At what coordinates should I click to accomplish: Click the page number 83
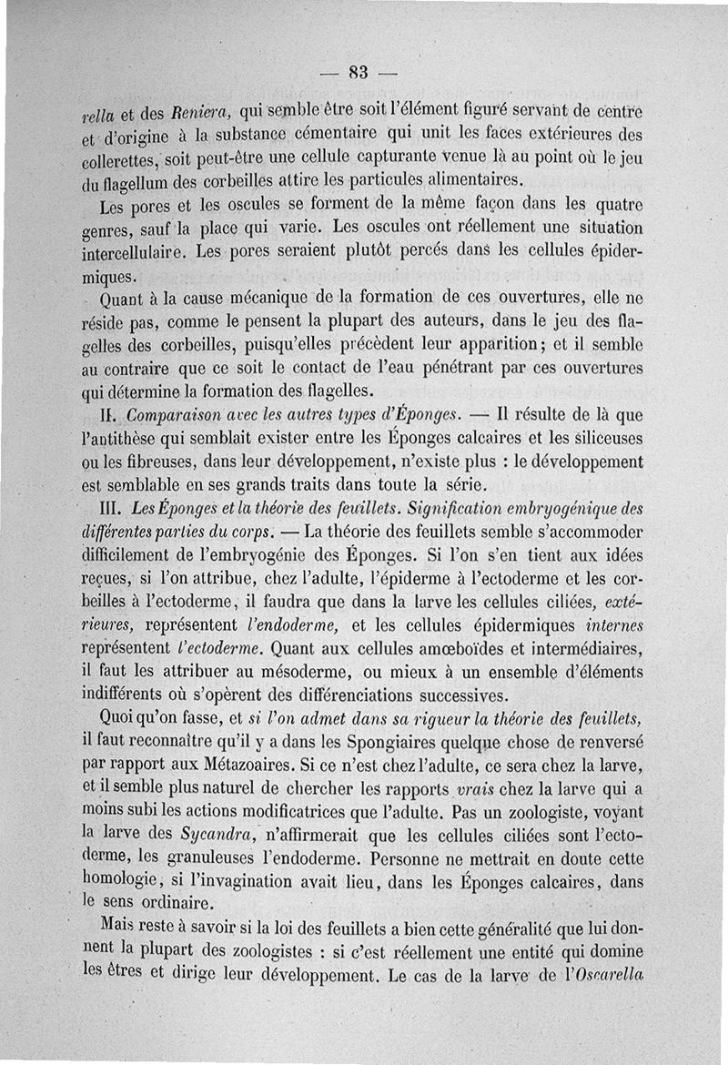point(357,74)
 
